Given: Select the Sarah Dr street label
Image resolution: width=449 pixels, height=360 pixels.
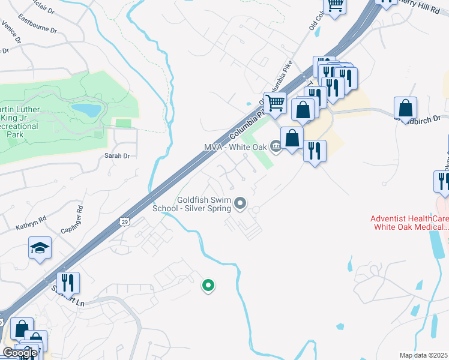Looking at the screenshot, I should tap(117, 155).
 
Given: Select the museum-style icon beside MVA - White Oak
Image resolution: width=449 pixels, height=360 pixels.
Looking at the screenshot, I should tap(276, 146).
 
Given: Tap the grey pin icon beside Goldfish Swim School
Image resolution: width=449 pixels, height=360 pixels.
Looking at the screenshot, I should tap(240, 205).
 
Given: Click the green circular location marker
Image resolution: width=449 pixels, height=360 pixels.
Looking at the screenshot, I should tap(208, 286).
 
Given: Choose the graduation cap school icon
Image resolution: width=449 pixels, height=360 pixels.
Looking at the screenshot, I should tap(40, 248).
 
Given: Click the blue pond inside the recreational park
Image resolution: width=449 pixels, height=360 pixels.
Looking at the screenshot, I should tap(86, 110).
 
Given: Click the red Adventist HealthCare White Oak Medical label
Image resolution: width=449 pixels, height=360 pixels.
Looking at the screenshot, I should tap(410, 223).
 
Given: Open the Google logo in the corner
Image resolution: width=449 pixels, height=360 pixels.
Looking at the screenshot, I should tap(20, 353).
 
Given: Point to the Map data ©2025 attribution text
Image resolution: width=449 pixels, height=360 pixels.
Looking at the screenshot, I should tap(424, 355).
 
